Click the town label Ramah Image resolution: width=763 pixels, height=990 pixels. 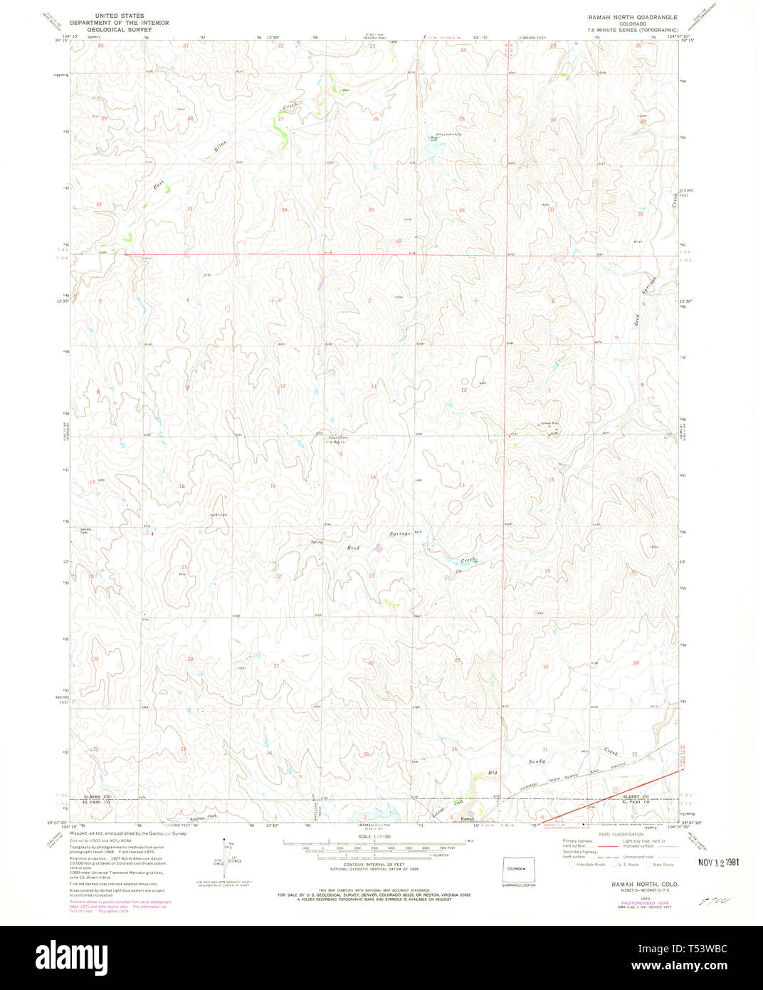click(x=467, y=819)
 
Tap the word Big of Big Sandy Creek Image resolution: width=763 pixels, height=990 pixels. click(x=492, y=772)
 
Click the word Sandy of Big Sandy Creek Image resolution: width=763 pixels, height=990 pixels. click(x=536, y=761)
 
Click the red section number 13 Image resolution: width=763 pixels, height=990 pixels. click(x=461, y=485)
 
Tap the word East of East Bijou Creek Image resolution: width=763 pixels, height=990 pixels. click(x=159, y=186)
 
